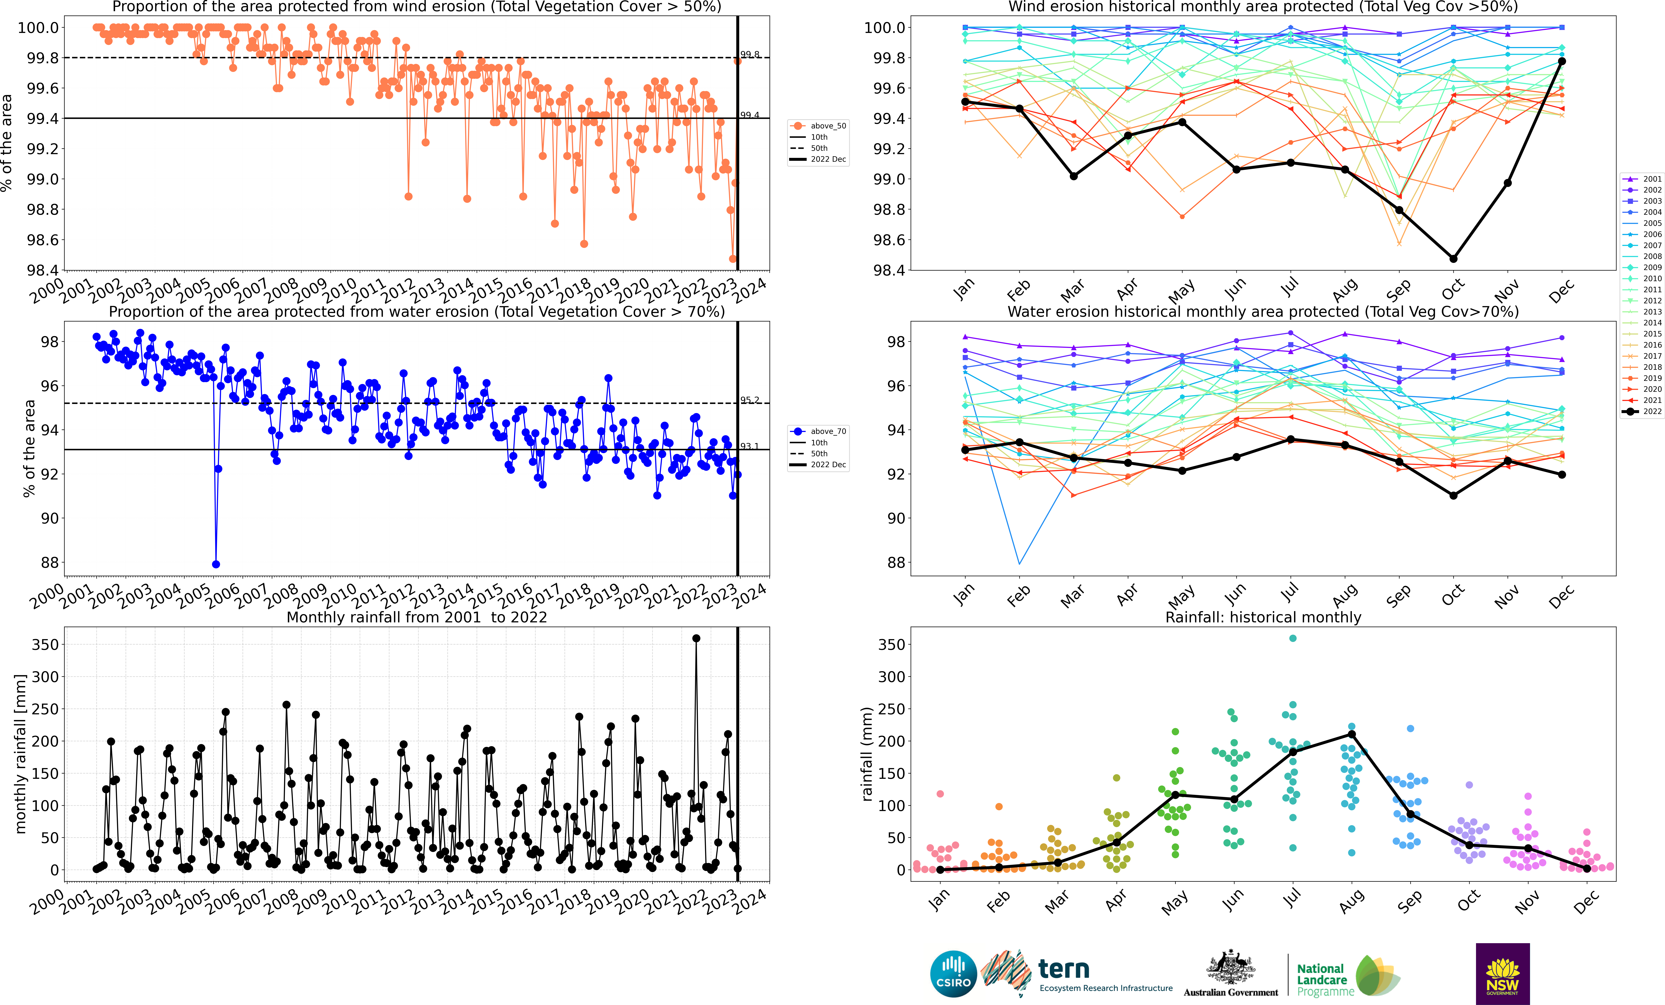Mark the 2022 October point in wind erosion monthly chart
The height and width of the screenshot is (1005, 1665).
coord(1453,259)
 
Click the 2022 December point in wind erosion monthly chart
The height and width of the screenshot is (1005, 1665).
coord(1562,61)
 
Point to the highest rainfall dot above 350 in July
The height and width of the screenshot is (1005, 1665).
coord(1293,638)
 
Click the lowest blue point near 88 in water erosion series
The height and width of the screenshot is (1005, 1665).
coord(216,564)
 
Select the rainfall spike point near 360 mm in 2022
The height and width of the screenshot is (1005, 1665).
coord(696,638)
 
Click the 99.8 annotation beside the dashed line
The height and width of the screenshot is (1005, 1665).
coord(749,54)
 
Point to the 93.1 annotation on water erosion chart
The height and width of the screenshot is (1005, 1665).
coord(749,446)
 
